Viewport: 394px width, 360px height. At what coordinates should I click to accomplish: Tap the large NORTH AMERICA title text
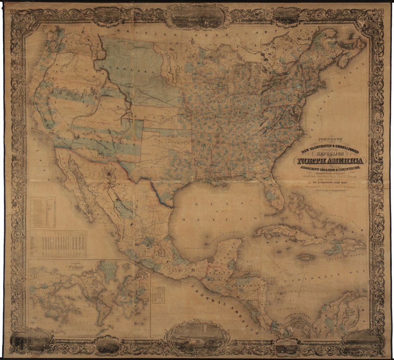[x=330, y=161]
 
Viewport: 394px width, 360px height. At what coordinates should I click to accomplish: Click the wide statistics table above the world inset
[x=58, y=244]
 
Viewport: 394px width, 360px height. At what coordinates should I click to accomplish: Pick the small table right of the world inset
[x=158, y=295]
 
